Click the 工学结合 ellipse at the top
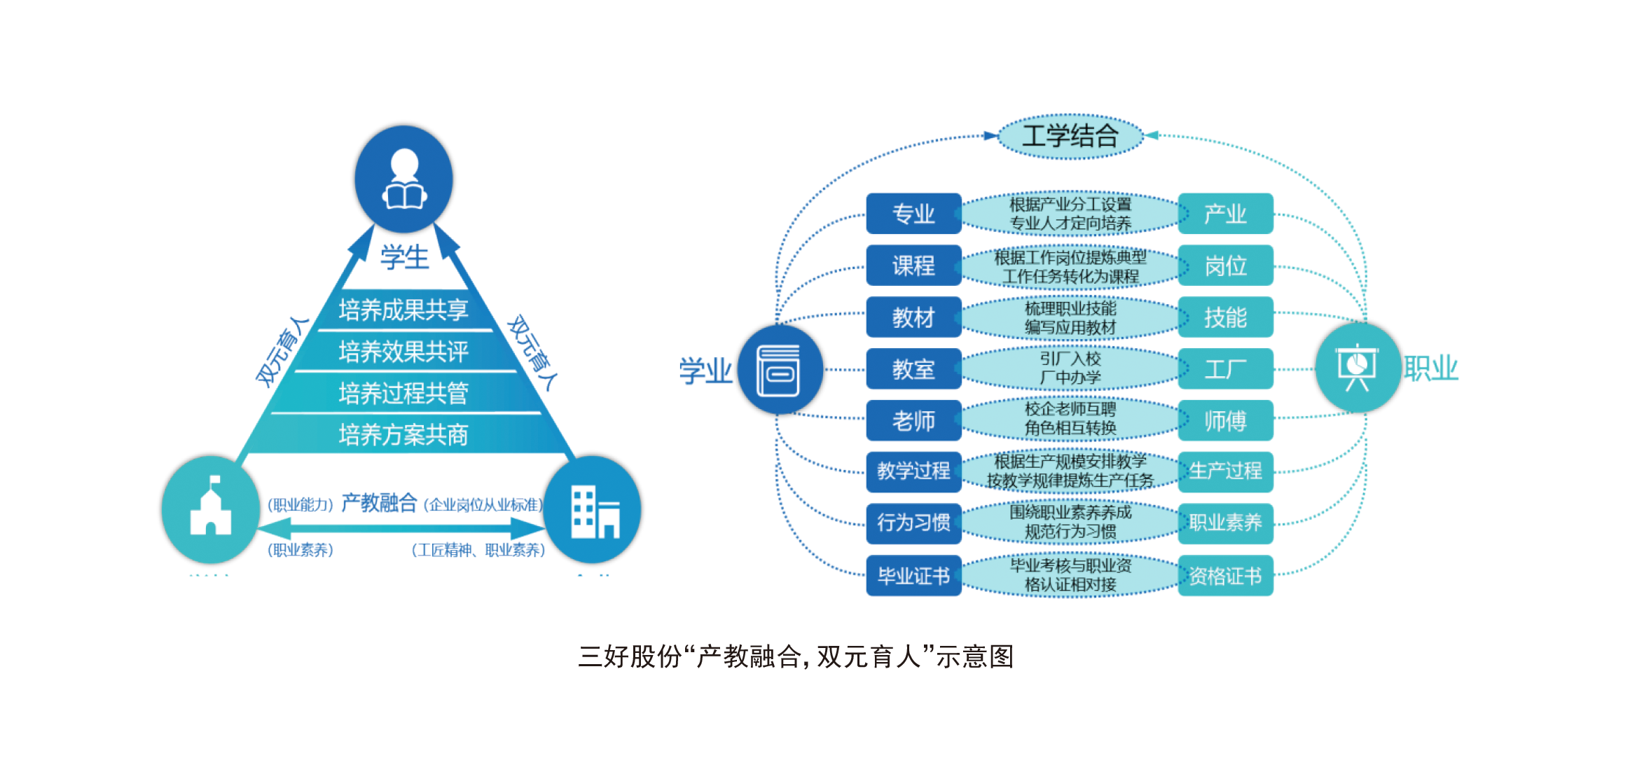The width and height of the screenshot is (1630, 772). pos(1070,136)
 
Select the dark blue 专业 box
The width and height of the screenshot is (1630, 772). pos(913,214)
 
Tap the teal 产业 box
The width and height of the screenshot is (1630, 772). pos(1225,214)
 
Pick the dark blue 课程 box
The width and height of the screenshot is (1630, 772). pos(913,266)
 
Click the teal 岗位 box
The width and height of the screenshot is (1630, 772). pos(1225,266)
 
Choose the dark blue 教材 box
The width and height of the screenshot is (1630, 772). pos(913,317)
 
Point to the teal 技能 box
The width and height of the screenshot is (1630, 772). pos(1225,317)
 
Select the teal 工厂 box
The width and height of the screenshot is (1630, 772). pos(1225,369)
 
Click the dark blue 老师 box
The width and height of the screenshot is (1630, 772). pos(913,420)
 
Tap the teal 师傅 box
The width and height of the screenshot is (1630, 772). pos(1225,420)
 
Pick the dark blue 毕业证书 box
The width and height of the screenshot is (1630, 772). pos(913,576)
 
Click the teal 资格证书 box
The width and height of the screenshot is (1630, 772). pos(1225,576)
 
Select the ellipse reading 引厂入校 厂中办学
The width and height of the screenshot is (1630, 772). pos(1070,368)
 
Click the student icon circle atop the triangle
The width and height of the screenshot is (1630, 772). pos(404,178)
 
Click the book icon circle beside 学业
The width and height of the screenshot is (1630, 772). pos(780,370)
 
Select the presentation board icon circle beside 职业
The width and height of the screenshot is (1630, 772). pos(1358,367)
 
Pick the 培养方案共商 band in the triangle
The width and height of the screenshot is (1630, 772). pos(403,435)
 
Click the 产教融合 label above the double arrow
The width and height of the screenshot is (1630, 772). pos(379,503)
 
